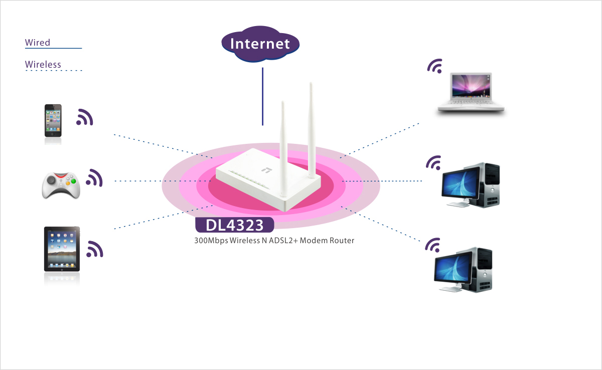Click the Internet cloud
click(x=260, y=44)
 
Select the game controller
click(x=61, y=186)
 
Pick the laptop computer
click(x=471, y=92)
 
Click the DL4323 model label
click(x=234, y=225)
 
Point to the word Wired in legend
click(x=37, y=43)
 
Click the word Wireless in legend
click(x=43, y=65)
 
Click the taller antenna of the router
click(x=311, y=130)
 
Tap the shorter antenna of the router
click(x=283, y=149)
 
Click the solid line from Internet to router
click(x=262, y=96)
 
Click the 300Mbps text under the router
click(x=211, y=240)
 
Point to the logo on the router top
click(x=267, y=170)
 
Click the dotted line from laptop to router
click(x=379, y=140)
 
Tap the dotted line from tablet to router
click(x=164, y=217)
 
